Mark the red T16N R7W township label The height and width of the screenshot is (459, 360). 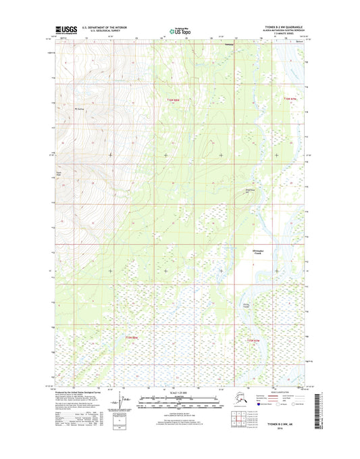(x=290, y=99)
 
